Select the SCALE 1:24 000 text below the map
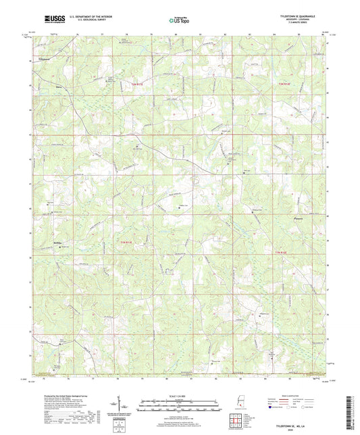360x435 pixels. click(179, 396)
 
